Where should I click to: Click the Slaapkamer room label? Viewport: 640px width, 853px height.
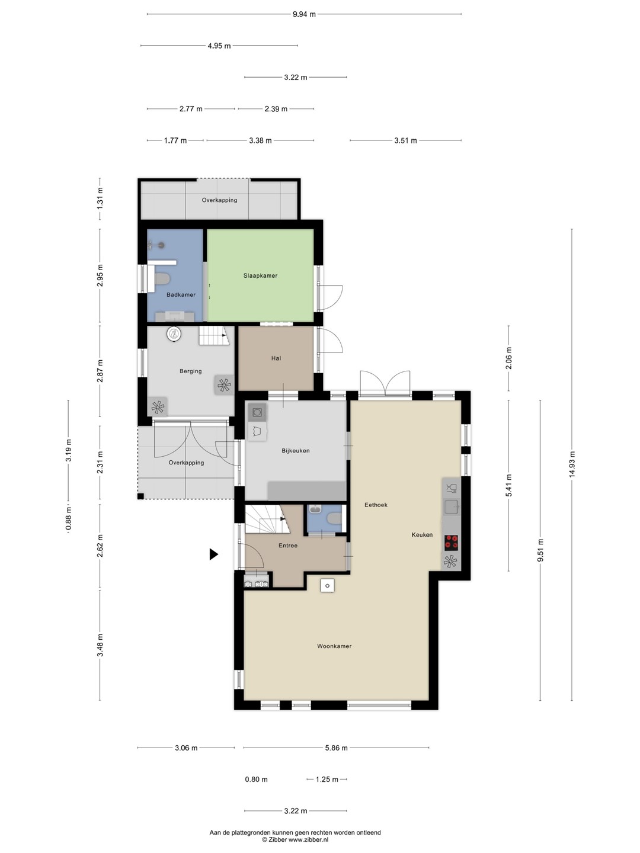(260, 275)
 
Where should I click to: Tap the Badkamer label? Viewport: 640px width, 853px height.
(181, 294)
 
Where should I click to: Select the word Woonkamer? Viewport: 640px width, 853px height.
(334, 646)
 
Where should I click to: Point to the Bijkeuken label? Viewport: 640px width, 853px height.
(295, 451)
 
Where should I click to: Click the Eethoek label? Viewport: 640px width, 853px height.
(376, 505)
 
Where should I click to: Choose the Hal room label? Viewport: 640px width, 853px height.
(276, 358)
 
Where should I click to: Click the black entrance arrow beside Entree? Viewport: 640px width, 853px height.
(214, 554)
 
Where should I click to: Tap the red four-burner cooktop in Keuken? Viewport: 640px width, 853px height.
(451, 543)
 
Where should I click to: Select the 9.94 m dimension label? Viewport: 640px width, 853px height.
(304, 14)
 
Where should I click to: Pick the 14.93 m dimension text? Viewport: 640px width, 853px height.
(572, 466)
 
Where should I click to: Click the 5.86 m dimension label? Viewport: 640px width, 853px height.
(336, 748)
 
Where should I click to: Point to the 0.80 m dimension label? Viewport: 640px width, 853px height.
(256, 779)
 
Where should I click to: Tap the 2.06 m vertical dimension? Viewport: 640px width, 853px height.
(508, 358)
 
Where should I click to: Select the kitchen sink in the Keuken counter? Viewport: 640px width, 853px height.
(452, 506)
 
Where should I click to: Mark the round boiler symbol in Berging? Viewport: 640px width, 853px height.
(174, 334)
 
